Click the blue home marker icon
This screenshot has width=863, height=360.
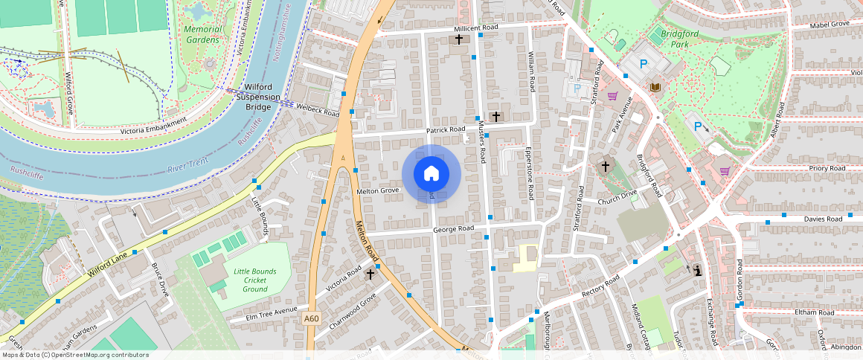click(x=431, y=174)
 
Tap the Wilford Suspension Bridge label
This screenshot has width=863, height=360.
click(x=258, y=97)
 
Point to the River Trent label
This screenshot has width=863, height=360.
click(x=187, y=169)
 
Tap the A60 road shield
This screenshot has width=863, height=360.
click(x=312, y=319)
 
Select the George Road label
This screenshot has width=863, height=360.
click(x=453, y=229)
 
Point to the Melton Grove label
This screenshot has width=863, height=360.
click(x=378, y=191)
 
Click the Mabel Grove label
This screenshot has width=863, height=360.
click(x=829, y=24)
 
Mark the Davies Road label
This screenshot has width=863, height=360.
click(x=823, y=219)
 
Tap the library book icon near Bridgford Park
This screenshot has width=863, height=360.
click(x=655, y=88)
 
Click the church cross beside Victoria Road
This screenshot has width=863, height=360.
click(x=370, y=274)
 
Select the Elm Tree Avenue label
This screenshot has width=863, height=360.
click(x=276, y=314)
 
